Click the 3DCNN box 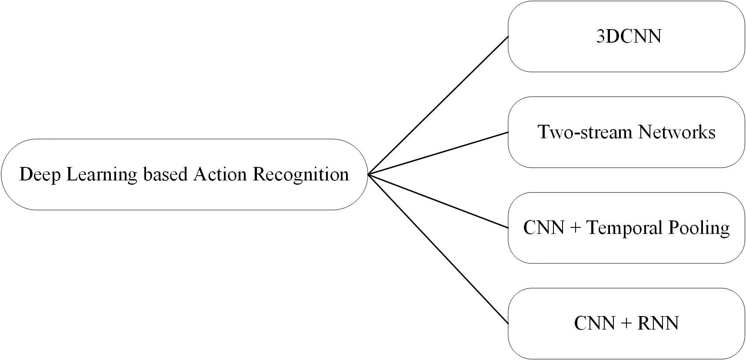click(x=626, y=37)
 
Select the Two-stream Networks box click(x=626, y=132)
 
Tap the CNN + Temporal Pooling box click(x=626, y=228)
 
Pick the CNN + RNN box click(x=626, y=323)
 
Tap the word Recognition click(x=301, y=175)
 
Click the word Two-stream click(x=585, y=132)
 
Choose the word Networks click(x=676, y=132)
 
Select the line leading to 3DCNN click(x=438, y=106)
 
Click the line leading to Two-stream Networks click(x=438, y=153)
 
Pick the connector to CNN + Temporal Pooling click(x=438, y=201)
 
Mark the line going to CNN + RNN click(x=438, y=249)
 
